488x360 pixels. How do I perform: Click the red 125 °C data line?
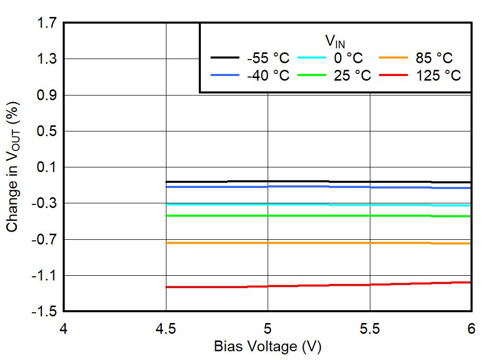click(x=318, y=285)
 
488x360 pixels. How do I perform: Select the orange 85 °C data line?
click(x=318, y=243)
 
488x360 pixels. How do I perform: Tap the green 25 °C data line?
click(x=318, y=216)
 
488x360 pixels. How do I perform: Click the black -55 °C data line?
click(x=318, y=181)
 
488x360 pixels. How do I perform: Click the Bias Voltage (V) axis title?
click(x=267, y=347)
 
